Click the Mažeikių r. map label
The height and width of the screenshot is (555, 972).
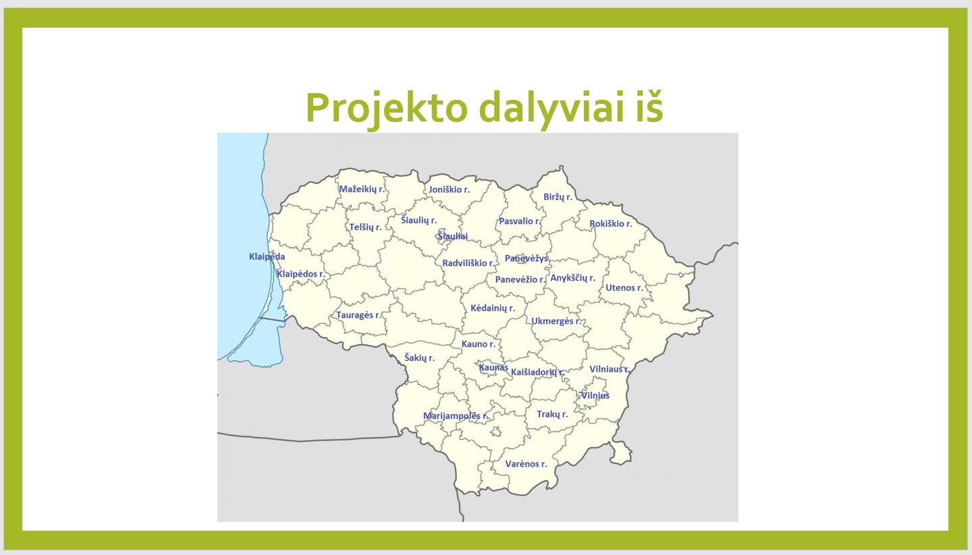362,189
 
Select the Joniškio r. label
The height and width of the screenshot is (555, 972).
449,189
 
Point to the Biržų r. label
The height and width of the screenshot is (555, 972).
558,197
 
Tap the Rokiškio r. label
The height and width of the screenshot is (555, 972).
610,224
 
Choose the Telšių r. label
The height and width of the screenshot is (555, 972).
365,227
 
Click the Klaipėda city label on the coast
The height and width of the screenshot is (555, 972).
267,257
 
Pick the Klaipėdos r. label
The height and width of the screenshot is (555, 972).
301,274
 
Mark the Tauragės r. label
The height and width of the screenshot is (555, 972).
358,315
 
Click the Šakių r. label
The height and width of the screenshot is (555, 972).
419,357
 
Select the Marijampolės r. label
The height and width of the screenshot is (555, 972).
456,416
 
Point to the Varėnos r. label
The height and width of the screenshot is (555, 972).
526,464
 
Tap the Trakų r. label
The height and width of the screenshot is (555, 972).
552,414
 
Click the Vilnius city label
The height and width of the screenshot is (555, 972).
595,395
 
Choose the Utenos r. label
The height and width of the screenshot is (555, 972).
624,287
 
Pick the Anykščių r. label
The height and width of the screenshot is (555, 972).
573,278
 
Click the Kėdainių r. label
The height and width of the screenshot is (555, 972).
493,308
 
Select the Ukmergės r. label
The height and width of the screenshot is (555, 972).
556,321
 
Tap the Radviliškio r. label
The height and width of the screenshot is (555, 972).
468,263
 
